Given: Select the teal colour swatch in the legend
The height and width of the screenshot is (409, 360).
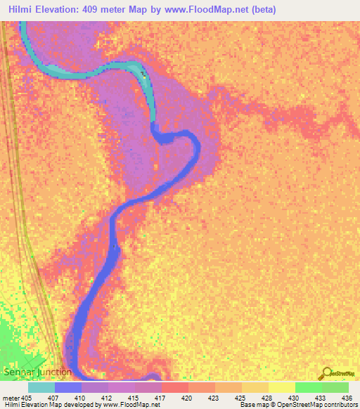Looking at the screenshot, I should (41, 387).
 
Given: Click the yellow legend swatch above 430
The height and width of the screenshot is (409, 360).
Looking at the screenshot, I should (282, 387).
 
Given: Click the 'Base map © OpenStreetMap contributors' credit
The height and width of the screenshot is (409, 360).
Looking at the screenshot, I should (298, 405).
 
